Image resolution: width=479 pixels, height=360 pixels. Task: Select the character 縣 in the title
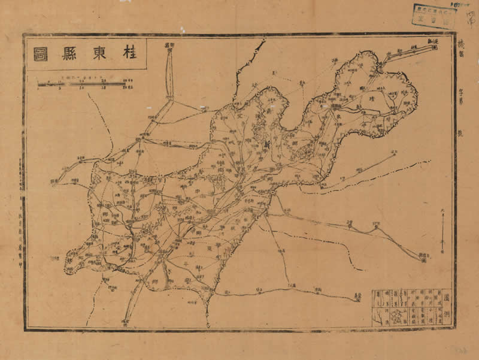pos(69,54)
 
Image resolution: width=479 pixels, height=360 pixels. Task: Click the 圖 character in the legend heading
pos(447,295)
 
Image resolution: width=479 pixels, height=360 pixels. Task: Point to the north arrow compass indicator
pos(442,237)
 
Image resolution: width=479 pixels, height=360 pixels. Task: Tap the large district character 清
pos(371,98)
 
